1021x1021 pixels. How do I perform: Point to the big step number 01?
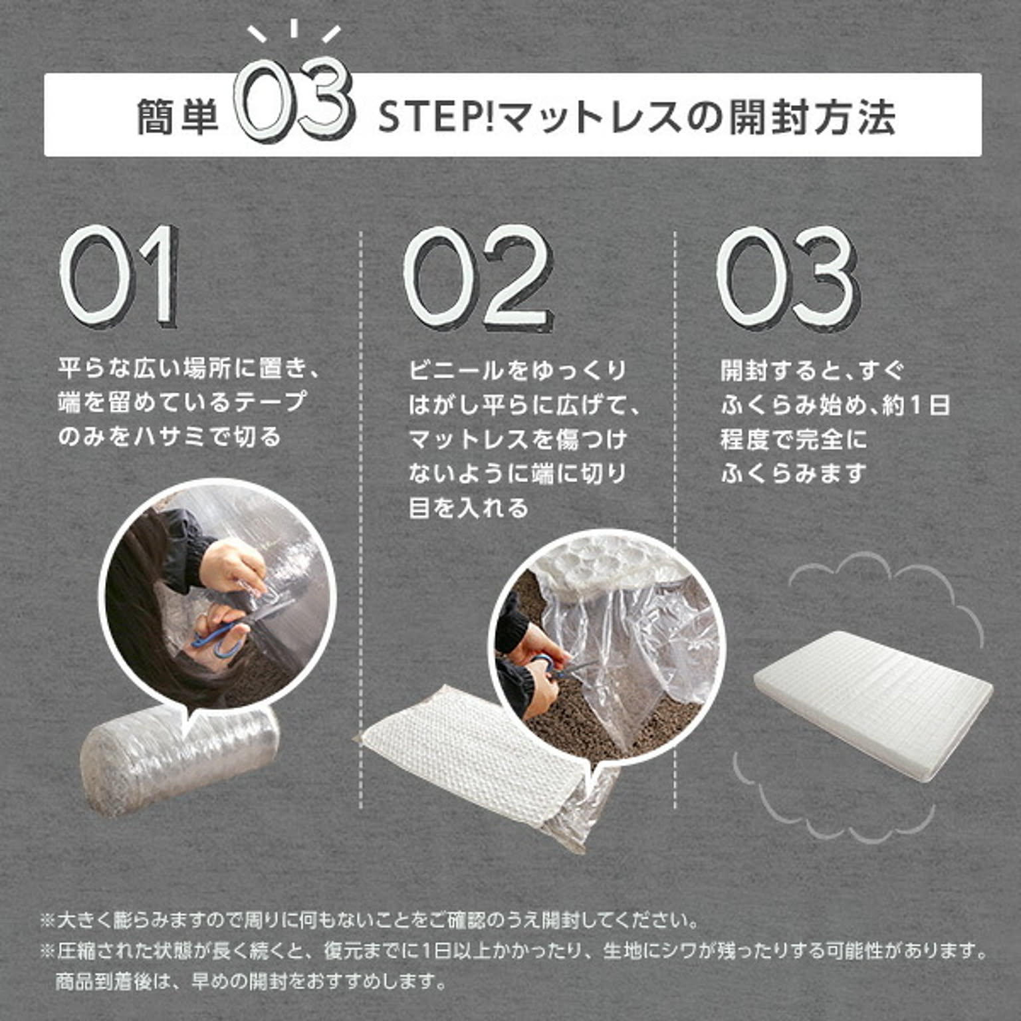click(x=120, y=276)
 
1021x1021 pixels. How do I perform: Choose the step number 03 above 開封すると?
click(x=787, y=278)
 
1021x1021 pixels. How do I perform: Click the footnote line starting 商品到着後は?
click(x=250, y=980)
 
